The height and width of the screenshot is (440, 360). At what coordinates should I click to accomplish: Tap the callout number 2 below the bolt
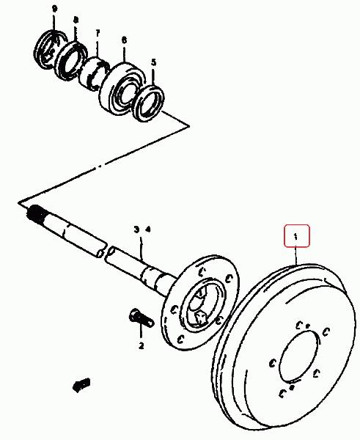click(x=141, y=345)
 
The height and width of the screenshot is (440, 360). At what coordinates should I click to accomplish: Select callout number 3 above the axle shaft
click(x=136, y=230)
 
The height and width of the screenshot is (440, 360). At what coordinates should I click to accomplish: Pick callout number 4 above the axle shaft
click(x=148, y=230)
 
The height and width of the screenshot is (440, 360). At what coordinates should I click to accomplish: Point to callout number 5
click(x=153, y=62)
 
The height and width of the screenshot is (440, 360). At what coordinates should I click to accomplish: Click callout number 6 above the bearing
click(x=124, y=40)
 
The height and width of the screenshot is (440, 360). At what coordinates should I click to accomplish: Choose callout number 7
click(x=98, y=34)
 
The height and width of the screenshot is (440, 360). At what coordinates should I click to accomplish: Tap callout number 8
click(x=76, y=20)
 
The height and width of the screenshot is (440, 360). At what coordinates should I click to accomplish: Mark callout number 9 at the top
click(x=54, y=9)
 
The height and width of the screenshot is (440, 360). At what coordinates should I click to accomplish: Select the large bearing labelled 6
click(x=122, y=87)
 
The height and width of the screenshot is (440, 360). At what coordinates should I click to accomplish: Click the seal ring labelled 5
click(x=148, y=103)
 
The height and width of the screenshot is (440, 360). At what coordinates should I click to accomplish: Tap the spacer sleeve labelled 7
click(x=94, y=73)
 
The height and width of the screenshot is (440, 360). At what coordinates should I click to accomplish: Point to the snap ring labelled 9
click(x=50, y=49)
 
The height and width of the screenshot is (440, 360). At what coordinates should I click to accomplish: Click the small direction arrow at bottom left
click(x=81, y=385)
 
